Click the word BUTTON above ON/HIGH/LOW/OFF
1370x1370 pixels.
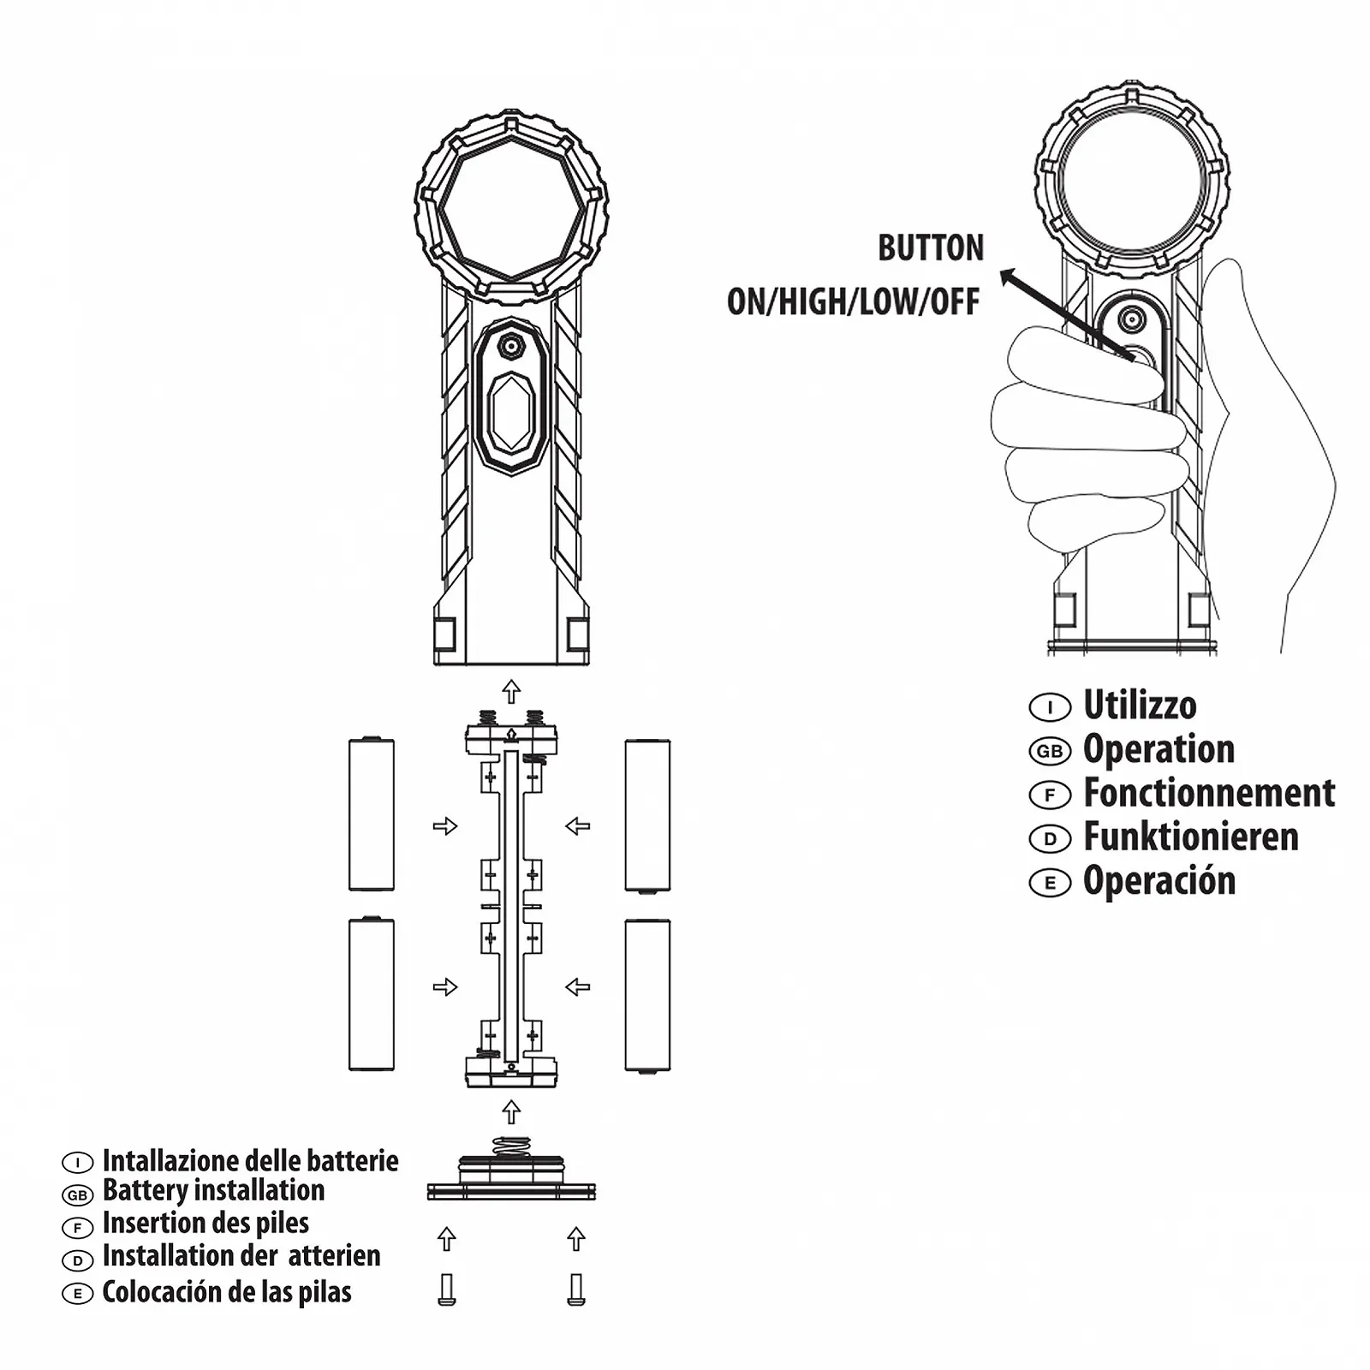point(931,248)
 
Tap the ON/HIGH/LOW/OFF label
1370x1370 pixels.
point(853,301)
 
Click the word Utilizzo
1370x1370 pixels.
point(1140,706)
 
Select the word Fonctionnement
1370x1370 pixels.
point(1209,793)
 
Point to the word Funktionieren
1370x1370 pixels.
point(1191,837)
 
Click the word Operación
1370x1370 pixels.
point(1159,881)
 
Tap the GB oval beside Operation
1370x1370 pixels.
point(1050,752)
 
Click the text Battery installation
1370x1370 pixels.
point(213,1190)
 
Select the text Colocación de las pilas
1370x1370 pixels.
point(227,1292)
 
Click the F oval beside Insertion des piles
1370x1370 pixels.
point(77,1228)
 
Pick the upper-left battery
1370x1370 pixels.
point(372,814)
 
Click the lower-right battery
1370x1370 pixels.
point(647,995)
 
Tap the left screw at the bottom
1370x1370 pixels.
point(446,1290)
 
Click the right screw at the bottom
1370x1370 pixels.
point(576,1290)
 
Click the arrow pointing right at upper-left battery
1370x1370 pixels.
point(445,826)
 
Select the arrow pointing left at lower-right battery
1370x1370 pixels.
point(578,987)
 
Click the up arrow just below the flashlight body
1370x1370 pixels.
point(511,691)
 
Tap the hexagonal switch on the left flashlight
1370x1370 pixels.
point(511,413)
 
